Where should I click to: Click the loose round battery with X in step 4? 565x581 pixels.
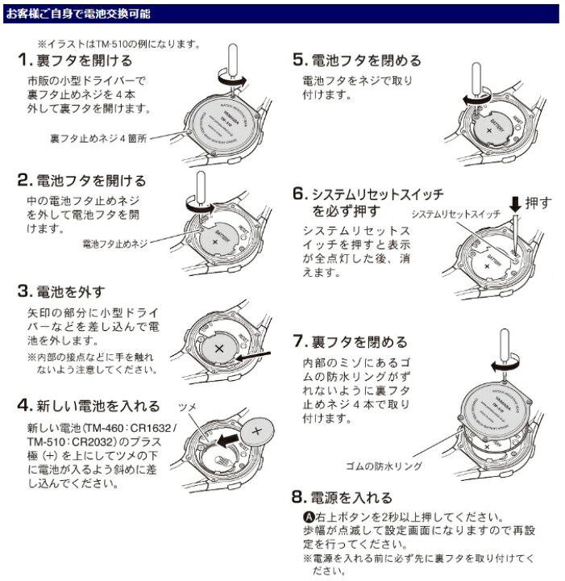(259, 431)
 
